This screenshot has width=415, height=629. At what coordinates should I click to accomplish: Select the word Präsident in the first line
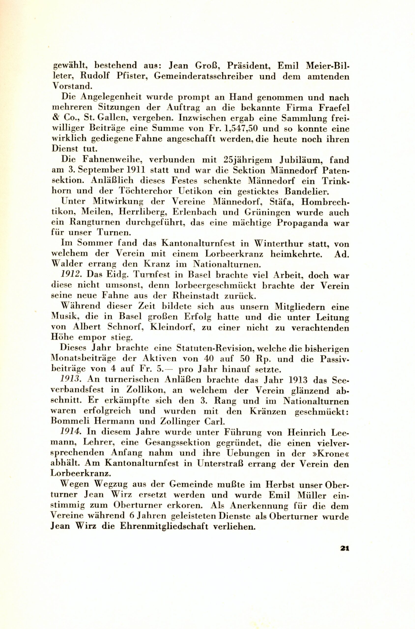click(243, 65)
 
